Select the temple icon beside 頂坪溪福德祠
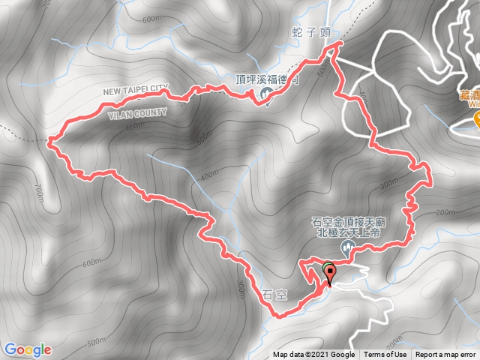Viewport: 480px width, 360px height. [266, 93]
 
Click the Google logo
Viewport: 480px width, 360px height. [27, 349]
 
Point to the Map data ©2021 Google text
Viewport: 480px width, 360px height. [313, 355]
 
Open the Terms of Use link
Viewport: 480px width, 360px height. [385, 355]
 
